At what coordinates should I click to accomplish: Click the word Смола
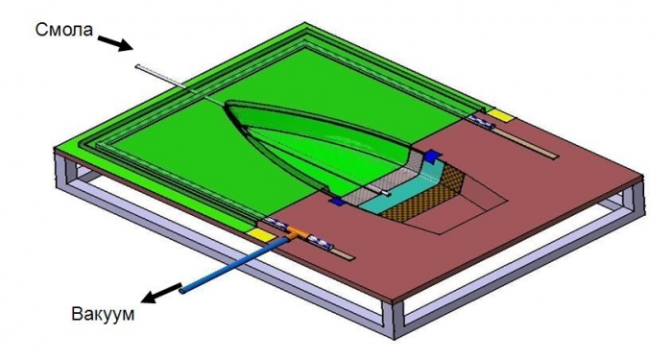64,30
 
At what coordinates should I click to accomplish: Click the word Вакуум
103,314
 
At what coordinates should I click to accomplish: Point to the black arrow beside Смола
115,44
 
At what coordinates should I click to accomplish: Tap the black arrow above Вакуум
161,293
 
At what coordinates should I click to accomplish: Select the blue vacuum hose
234,265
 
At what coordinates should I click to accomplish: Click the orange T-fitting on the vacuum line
297,232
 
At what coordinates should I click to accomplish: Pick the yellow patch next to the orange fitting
261,233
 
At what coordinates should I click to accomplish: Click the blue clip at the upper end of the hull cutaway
432,156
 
